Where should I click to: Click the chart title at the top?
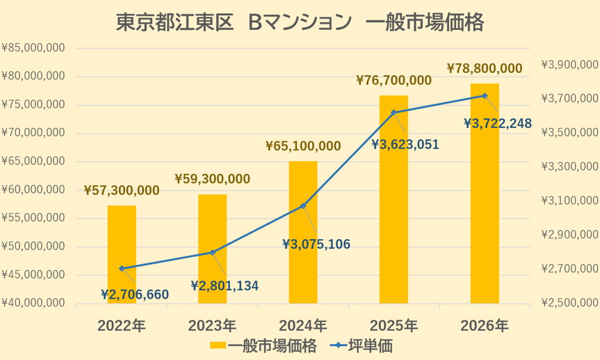pos(300,22)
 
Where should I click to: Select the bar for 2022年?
pos(122,254)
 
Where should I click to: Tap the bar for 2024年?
pos(303,232)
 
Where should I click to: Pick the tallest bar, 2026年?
pos(485,193)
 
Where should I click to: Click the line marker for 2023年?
pos(213,252)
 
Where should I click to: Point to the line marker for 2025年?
pos(394,113)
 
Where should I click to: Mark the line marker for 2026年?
pos(485,96)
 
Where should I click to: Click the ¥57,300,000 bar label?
pos(122,190)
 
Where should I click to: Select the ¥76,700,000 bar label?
pos(394,81)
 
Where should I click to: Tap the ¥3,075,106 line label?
pos(316,244)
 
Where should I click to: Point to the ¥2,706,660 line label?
pos(135,295)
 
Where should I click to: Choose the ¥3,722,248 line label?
pos(498,123)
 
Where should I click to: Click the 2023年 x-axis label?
pos(212,326)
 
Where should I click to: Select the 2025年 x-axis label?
pos(394,326)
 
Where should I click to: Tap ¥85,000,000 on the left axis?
pos(33,48)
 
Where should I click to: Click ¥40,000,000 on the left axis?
pos(33,303)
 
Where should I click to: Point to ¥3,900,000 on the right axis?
pos(570,65)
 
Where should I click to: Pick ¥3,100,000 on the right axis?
pos(570,200)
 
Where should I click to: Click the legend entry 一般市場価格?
pos(263,346)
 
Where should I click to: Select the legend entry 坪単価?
pos(362,346)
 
